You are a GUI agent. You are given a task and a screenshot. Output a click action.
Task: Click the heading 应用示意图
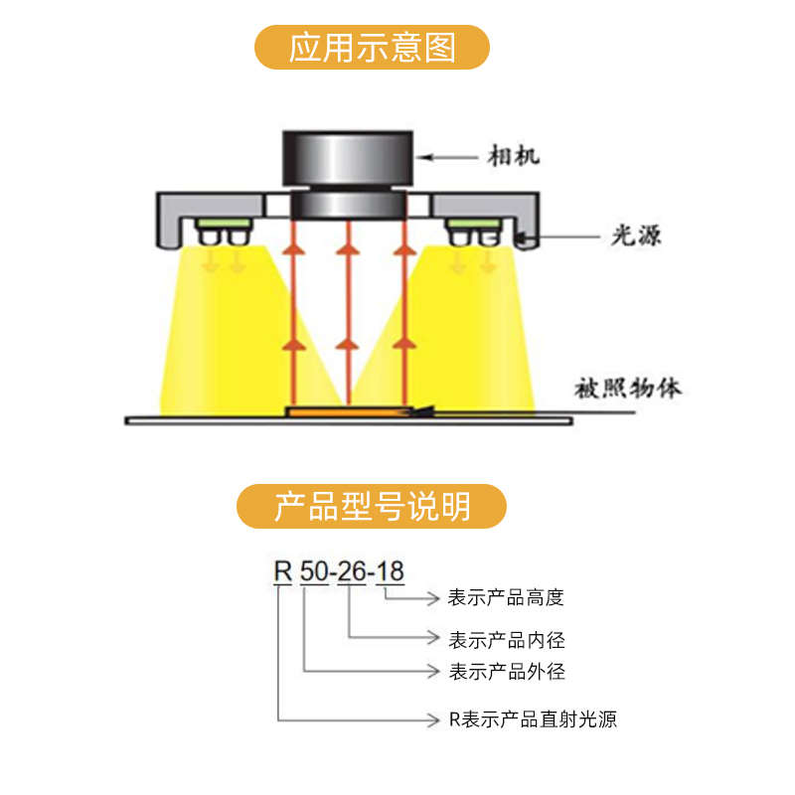[x=372, y=48]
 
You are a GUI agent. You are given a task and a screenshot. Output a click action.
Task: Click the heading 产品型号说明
[x=372, y=507]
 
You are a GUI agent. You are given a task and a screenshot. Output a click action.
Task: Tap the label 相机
[x=513, y=156]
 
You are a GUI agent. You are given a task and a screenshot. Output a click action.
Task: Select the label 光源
[x=636, y=236]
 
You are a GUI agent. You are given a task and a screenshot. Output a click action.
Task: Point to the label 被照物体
[x=628, y=389]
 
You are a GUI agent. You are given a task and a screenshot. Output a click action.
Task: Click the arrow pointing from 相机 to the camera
[x=447, y=157]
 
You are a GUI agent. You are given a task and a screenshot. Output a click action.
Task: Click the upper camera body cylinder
[x=348, y=158]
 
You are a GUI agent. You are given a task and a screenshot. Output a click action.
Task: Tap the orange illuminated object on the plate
[x=348, y=412]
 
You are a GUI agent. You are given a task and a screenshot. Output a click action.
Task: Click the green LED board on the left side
[x=224, y=223]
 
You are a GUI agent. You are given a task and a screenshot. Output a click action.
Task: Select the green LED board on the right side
[x=473, y=223]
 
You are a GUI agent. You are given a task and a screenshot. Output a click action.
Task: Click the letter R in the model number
[x=283, y=572]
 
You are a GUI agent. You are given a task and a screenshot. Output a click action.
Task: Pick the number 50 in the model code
[x=314, y=572]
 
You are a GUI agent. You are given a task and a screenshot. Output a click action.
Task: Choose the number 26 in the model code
[x=352, y=572]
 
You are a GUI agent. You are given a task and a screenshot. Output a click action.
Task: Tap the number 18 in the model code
[x=390, y=572]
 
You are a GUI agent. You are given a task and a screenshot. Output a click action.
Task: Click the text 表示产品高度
[x=506, y=598]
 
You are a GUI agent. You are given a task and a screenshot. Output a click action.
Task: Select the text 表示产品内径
[x=507, y=640]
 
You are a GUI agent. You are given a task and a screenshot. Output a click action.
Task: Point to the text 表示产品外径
[x=507, y=672]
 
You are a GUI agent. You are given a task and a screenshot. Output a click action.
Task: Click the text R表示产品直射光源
[x=533, y=719]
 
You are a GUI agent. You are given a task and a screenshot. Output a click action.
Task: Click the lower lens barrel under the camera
[x=348, y=204]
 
